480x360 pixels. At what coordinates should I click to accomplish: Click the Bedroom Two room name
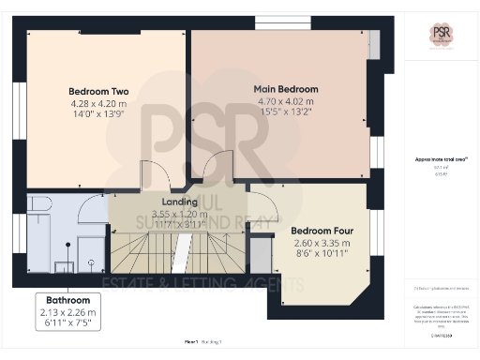pyautogui.click(x=98, y=91)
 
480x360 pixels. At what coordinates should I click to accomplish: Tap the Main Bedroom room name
pyautogui.click(x=286, y=89)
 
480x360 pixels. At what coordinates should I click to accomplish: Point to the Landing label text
pyautogui.click(x=180, y=202)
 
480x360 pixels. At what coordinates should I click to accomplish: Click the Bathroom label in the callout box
pyautogui.click(x=67, y=300)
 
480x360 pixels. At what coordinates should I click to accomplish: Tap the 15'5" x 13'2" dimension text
pyautogui.click(x=286, y=111)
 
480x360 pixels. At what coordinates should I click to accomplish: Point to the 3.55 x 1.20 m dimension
pyautogui.click(x=180, y=213)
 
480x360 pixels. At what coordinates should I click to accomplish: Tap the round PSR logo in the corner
pyautogui.click(x=442, y=35)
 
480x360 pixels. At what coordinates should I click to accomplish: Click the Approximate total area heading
pyautogui.click(x=441, y=159)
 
